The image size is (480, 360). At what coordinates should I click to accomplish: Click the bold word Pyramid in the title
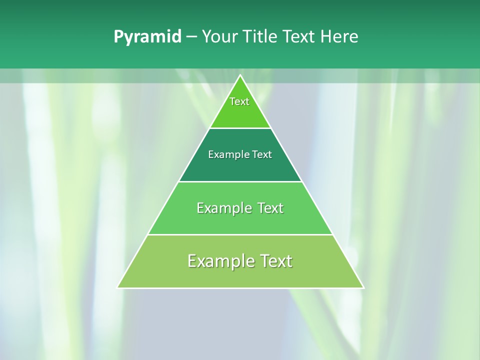147,37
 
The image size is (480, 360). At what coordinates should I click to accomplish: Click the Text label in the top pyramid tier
239,101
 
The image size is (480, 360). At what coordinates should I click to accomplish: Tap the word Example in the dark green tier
226,155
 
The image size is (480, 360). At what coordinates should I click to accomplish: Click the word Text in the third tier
270,208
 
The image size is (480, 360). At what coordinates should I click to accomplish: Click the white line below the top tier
240,128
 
